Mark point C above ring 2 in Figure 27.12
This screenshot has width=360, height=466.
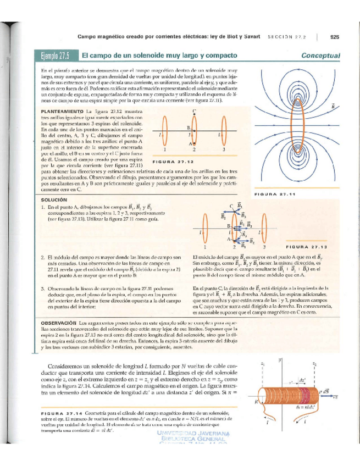195,112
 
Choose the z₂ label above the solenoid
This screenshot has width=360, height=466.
314,364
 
